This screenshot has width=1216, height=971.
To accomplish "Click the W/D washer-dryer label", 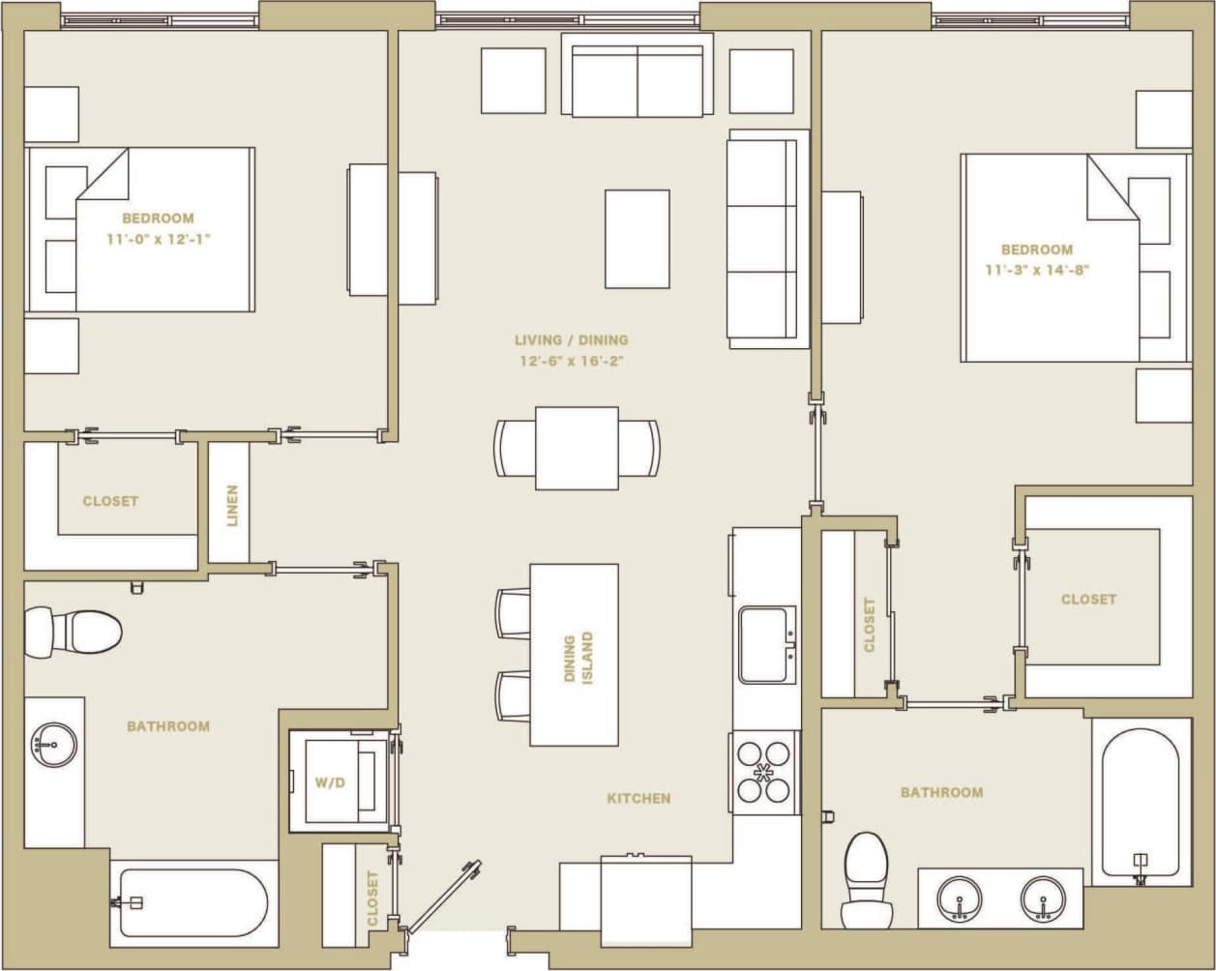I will pos(329,782).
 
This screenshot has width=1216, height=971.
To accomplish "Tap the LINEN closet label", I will pos(231,505).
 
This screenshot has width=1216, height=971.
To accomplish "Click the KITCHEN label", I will pos(638,798).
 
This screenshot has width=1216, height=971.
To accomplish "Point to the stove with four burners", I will pos(764,772).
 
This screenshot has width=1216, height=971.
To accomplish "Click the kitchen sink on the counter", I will pos(767,645).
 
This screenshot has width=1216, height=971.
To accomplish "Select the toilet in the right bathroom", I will pos(866,878).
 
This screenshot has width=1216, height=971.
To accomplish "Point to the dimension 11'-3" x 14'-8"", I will pos(1037,270).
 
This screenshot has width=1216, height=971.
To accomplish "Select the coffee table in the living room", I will pos(637,239).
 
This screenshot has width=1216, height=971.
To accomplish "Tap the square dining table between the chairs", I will pos(577,448).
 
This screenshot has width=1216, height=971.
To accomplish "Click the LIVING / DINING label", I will pos(571,339).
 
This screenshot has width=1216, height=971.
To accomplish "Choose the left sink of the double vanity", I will pos(960,899).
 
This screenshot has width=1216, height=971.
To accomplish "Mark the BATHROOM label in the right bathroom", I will pos(941,792).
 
